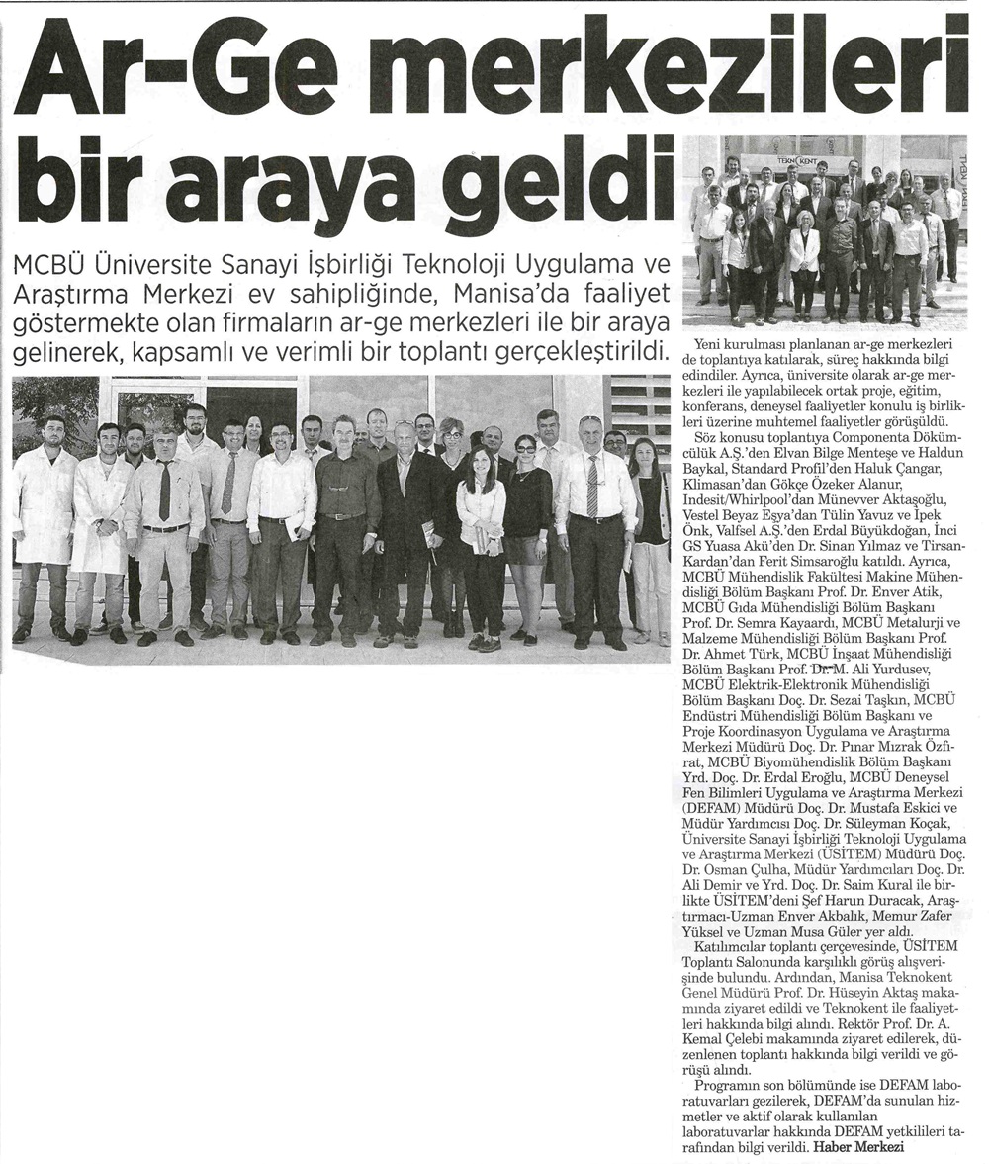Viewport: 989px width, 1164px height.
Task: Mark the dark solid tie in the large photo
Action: coord(164,491)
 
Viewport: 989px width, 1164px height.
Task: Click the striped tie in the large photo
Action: coord(592,487)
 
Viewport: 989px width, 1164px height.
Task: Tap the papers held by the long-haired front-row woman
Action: coord(480,540)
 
